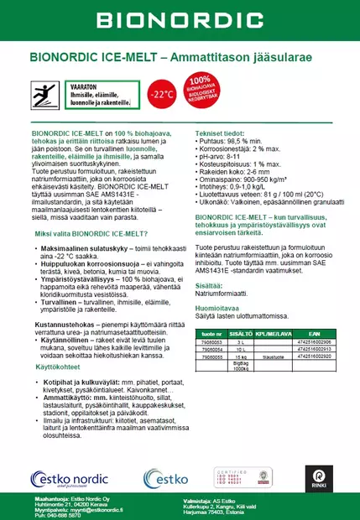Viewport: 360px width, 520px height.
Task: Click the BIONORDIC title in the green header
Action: pos(180,20)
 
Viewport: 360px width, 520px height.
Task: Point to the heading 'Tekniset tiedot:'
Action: pos(223,133)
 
